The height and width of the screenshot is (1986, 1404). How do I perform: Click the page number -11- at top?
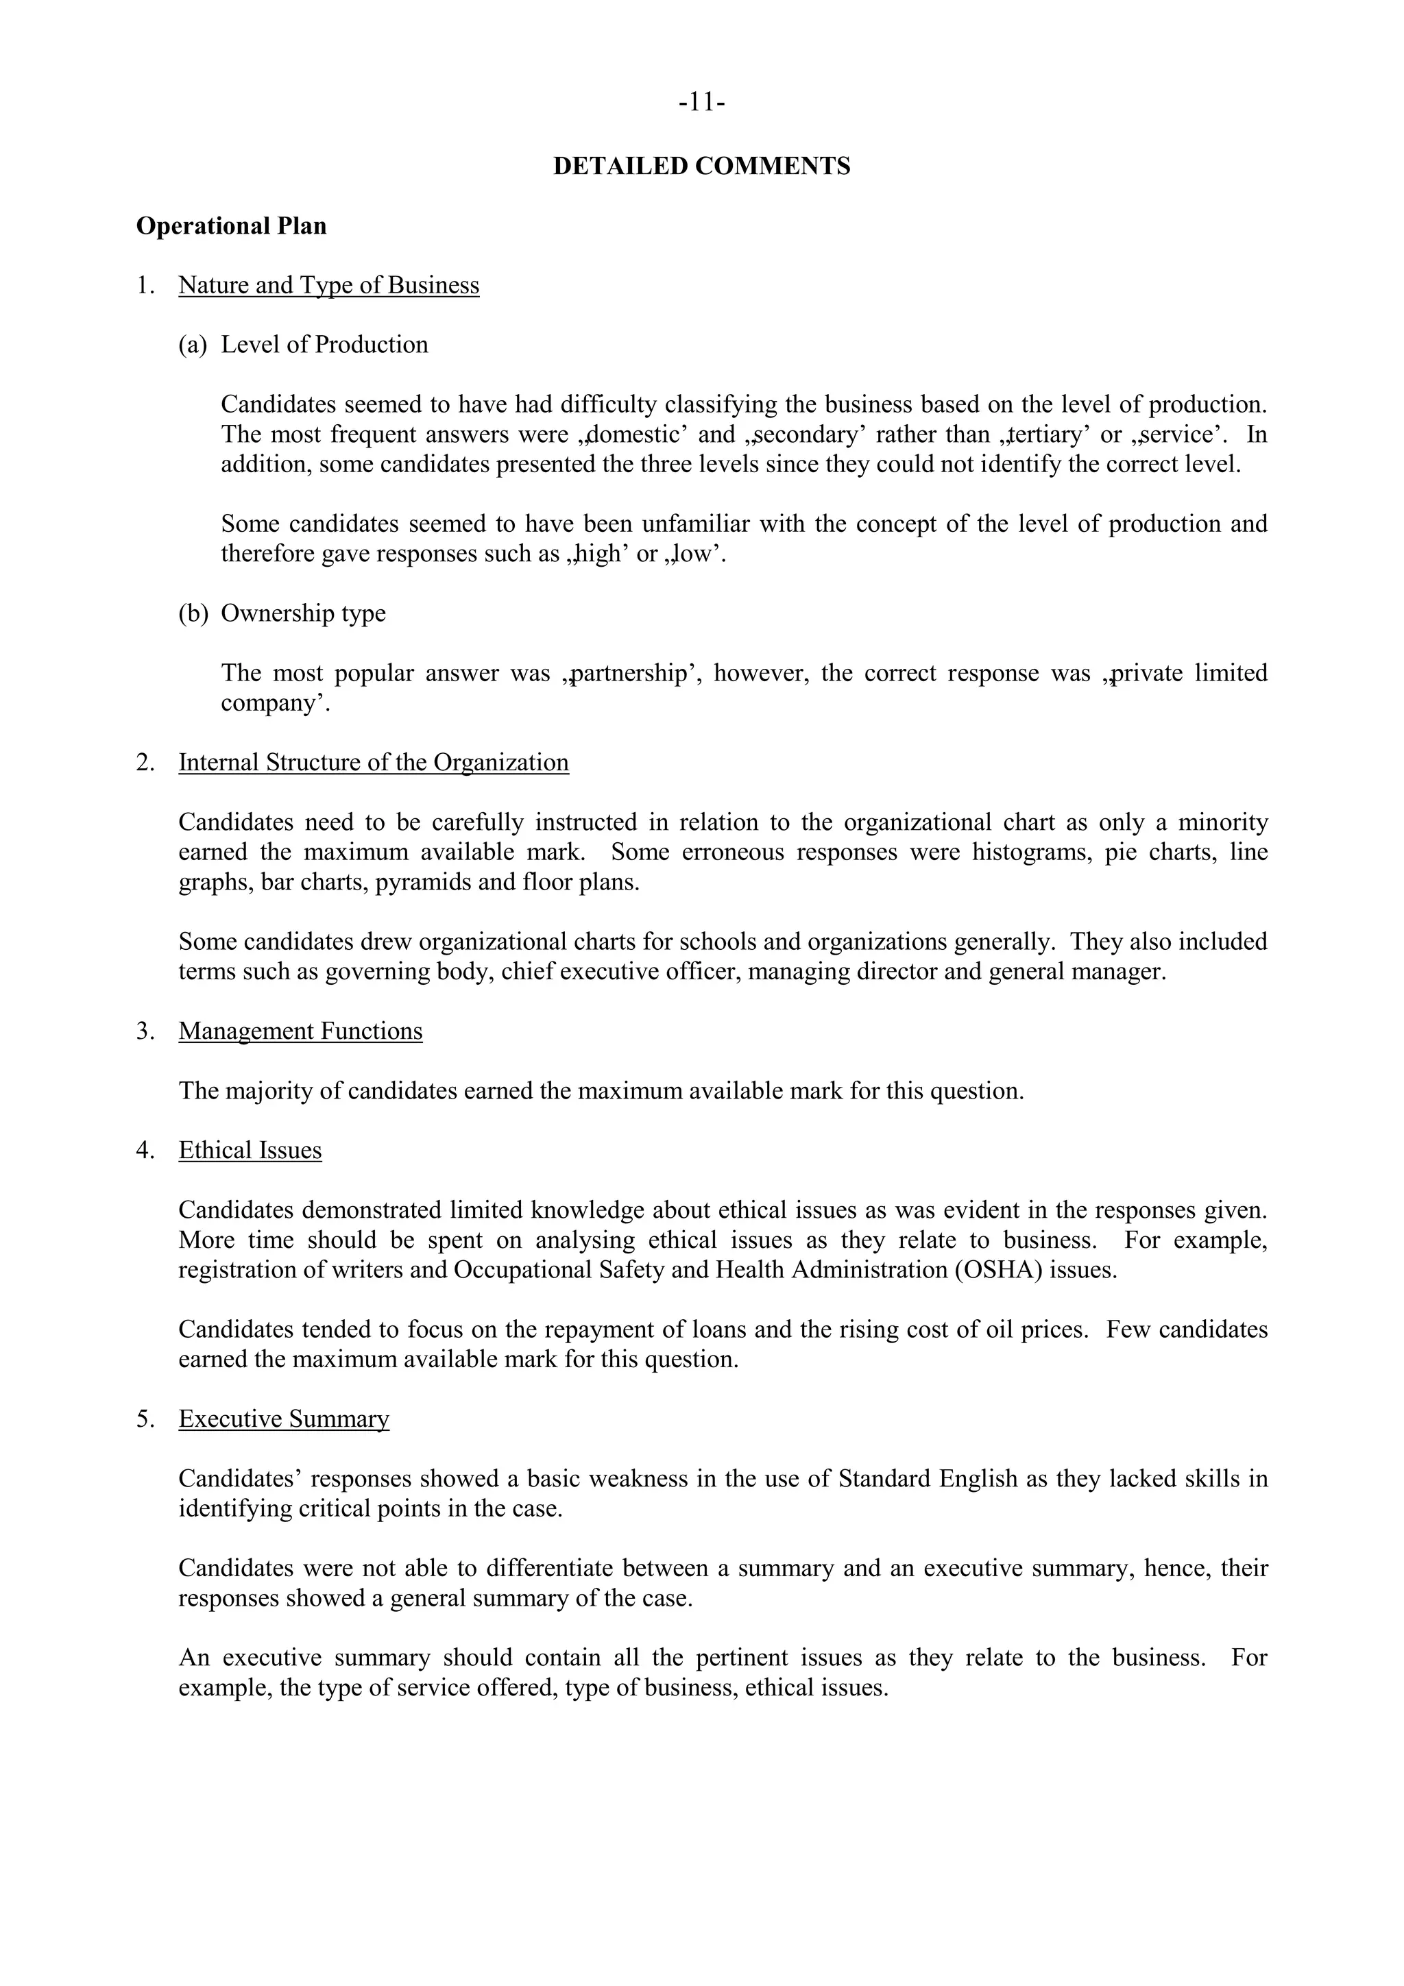pyautogui.click(x=701, y=103)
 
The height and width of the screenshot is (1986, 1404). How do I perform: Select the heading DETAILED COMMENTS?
pyautogui.click(x=701, y=166)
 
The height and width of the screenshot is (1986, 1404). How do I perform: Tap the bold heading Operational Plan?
pyautogui.click(x=231, y=225)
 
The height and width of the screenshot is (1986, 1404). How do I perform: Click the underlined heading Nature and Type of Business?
pyautogui.click(x=329, y=286)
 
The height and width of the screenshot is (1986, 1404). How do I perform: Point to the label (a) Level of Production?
pyautogui.click(x=303, y=344)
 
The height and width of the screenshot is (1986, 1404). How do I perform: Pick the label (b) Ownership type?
pyautogui.click(x=282, y=613)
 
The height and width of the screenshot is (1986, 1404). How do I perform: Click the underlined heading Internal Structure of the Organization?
pyautogui.click(x=374, y=762)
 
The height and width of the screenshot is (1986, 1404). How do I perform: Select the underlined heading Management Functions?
pyautogui.click(x=300, y=1031)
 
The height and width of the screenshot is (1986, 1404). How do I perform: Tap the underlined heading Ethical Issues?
pyautogui.click(x=250, y=1151)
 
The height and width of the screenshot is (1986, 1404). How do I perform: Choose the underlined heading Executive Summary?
pyautogui.click(x=284, y=1419)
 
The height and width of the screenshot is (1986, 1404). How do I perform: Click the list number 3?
pyautogui.click(x=145, y=1031)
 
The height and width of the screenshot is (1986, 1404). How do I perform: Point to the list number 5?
pyautogui.click(x=145, y=1419)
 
